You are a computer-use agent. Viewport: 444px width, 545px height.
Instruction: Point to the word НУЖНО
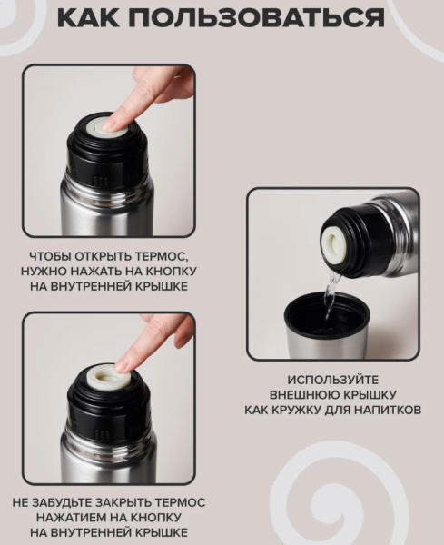click(x=51, y=271)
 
